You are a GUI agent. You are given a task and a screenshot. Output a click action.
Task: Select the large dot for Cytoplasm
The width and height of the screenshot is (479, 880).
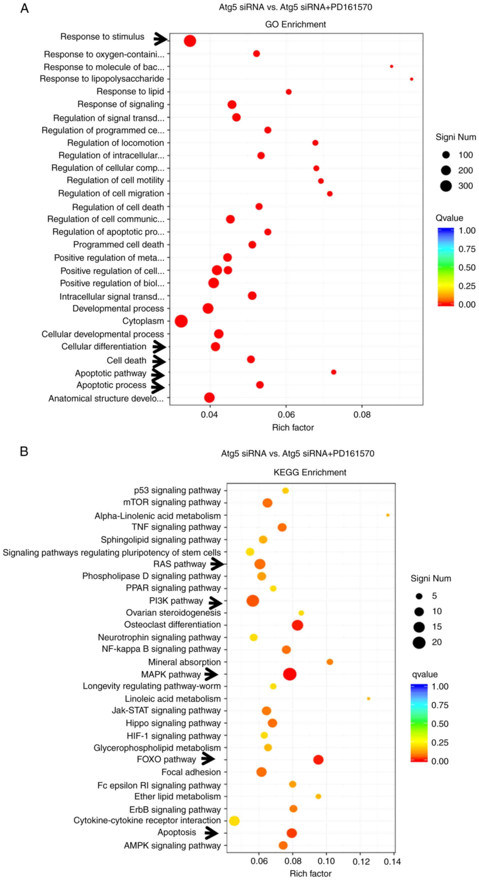pos(181,321)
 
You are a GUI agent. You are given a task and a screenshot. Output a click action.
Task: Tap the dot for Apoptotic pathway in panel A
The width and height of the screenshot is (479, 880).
pos(334,372)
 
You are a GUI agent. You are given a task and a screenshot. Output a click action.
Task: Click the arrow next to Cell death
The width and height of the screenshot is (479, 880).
pos(158,361)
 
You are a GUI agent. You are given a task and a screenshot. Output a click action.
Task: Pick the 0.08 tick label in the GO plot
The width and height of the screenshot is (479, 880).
pos(362,415)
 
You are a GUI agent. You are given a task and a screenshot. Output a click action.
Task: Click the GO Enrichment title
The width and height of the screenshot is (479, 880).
pos(295,25)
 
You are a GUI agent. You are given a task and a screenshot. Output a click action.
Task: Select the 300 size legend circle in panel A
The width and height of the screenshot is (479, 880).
pos(446,186)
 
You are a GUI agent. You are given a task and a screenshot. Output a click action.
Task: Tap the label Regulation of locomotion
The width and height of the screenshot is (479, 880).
pos(115,143)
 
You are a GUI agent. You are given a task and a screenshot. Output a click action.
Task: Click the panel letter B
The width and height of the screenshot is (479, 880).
pos(24,451)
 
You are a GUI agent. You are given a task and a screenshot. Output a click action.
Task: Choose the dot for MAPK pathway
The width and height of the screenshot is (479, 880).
pos(290,674)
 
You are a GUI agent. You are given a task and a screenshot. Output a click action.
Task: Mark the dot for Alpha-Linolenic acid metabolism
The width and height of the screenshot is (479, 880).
pos(388,515)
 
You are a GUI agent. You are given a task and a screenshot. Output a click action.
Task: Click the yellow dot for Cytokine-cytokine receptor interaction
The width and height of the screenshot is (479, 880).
pos(234,821)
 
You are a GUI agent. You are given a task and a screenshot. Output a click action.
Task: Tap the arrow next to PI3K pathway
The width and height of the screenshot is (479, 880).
pos(215,603)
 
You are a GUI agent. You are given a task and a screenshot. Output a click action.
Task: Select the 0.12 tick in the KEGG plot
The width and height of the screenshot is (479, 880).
pos(361,861)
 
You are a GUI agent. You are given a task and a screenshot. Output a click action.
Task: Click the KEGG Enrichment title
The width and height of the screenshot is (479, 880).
pos(310,473)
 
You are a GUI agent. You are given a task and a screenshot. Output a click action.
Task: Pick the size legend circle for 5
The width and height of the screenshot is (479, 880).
pos(419,596)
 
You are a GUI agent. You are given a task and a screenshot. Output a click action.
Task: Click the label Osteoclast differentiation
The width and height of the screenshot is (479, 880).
pos(173,624)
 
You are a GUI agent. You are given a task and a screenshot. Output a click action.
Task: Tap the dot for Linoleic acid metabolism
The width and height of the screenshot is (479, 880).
pos(368,699)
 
